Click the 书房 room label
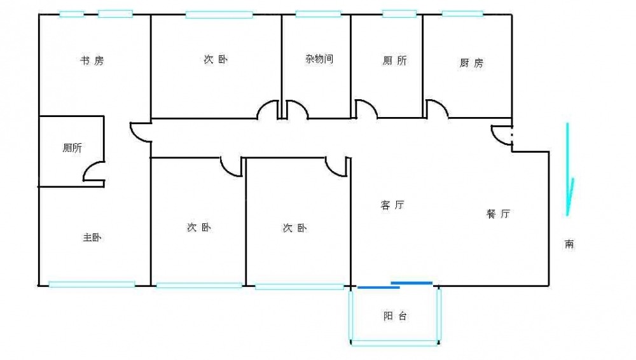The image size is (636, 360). coord(91,61)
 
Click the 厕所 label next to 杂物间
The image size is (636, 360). coord(395,61)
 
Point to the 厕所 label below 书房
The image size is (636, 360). coord(72,148)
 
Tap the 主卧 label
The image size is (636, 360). coord(92,238)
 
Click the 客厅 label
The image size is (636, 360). coord(392,205)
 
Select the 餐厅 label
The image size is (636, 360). coord(498,214)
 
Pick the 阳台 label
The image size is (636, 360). coord(395,316)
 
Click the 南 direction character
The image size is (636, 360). coord(569,244)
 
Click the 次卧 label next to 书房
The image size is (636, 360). coord(216,60)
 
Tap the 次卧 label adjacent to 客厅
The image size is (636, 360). coord(294,228)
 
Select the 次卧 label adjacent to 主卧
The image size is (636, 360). coord(199,227)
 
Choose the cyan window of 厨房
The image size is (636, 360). coord(462,13)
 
